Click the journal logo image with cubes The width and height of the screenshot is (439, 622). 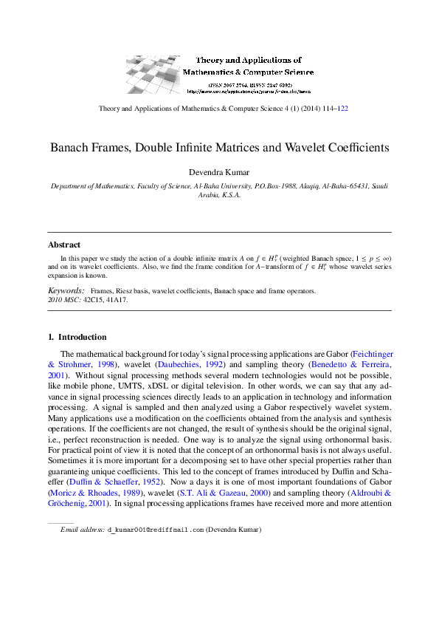[153, 73]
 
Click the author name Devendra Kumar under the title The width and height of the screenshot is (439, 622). [219, 173]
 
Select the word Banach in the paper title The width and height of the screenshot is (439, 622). [70, 148]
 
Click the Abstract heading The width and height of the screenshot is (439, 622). [64, 245]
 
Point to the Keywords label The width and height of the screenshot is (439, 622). [66, 291]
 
